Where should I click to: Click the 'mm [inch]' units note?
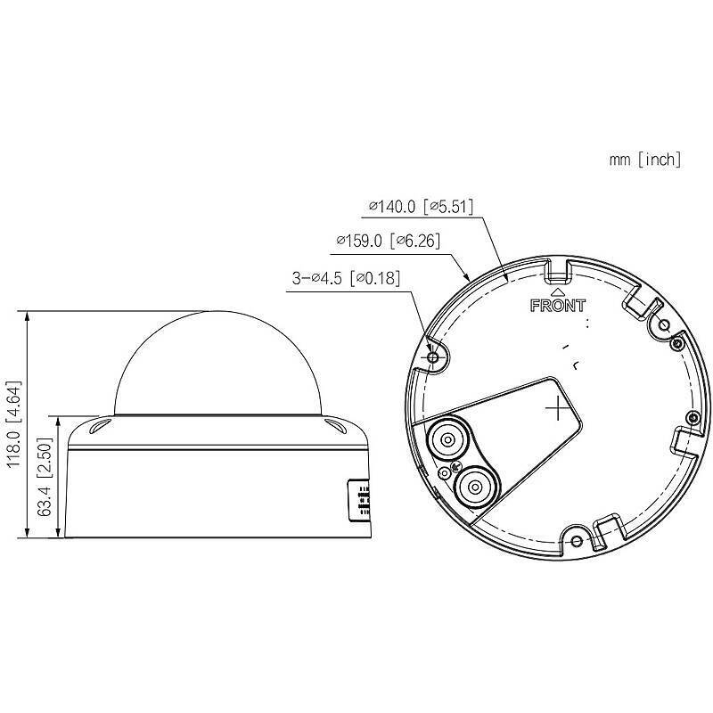point(645,160)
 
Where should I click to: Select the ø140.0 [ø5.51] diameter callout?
point(420,208)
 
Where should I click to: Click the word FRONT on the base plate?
point(558,306)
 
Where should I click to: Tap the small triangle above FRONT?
point(558,290)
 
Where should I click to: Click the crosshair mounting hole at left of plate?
point(433,357)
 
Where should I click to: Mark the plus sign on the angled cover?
point(556,407)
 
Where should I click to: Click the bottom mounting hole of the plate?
point(576,541)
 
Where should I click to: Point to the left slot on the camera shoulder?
point(99,427)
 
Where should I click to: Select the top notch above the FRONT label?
point(559,266)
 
